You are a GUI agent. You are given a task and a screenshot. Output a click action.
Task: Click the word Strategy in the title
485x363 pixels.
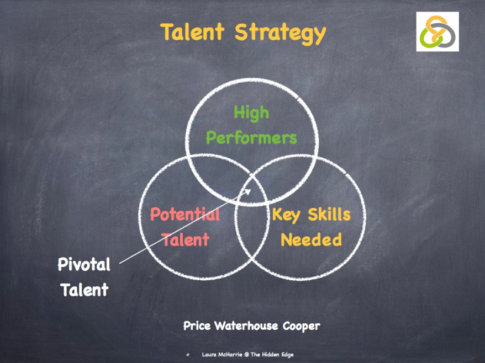click(x=280, y=33)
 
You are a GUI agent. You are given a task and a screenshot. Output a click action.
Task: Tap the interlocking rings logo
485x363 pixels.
click(x=437, y=32)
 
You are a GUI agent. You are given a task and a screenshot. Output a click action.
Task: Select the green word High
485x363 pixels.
click(x=251, y=113)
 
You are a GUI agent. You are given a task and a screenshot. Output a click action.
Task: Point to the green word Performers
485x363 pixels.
click(x=251, y=137)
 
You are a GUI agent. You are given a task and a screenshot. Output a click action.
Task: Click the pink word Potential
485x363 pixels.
click(x=184, y=214)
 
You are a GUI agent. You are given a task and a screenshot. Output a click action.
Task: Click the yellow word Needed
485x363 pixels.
click(x=311, y=239)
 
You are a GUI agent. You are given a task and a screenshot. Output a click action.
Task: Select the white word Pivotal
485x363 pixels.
click(x=84, y=265)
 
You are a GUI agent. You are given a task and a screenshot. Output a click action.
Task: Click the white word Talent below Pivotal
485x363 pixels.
click(x=84, y=290)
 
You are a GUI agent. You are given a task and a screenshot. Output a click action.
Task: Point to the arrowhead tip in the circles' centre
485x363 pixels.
click(x=251, y=189)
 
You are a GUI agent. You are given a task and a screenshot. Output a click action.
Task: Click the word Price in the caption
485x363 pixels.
click(x=198, y=326)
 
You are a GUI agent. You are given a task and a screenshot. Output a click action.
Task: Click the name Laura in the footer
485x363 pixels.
click(x=210, y=354)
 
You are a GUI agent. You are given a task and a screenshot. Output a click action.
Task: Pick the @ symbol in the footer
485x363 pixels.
click(x=254, y=354)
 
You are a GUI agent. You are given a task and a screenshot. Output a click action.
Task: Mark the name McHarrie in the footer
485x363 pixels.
click(x=234, y=354)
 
